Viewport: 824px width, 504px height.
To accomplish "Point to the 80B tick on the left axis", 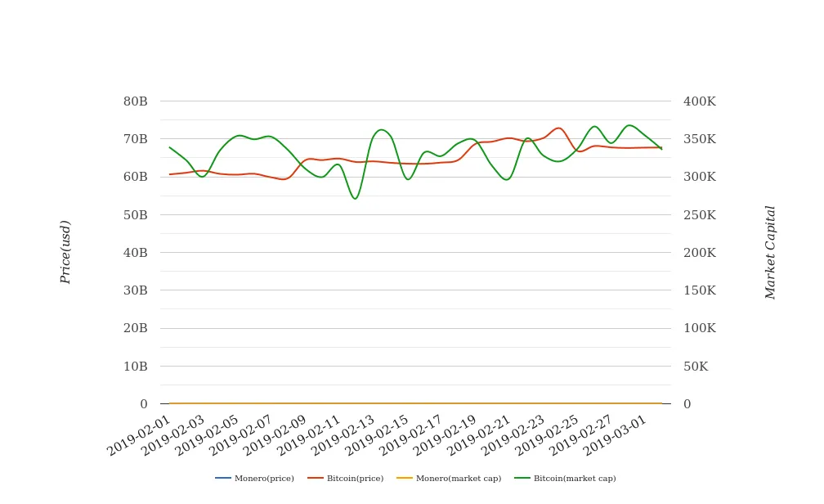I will point(136,101).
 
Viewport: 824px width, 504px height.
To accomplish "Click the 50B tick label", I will point(136,215).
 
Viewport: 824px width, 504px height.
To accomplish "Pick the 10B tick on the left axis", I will point(136,367).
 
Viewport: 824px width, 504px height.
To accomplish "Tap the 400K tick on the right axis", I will point(699,101).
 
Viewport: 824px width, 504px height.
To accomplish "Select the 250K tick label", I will point(699,215).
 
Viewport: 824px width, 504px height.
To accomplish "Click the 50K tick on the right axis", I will point(696,367).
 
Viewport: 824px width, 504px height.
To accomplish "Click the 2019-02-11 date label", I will point(311,434).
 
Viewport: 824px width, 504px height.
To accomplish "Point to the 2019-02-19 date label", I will point(446,434).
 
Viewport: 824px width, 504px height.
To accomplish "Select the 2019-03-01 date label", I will point(616,434).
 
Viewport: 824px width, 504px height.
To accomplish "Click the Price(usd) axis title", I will point(66,252).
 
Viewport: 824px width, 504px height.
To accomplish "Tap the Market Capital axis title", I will point(771,252).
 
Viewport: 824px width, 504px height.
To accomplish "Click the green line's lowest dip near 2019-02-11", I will point(355,199).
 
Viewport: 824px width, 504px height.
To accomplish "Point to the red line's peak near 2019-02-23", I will point(558,128).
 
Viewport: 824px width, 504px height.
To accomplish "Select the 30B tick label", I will point(136,290).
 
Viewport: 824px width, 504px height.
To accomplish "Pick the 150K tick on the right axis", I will point(699,290).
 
